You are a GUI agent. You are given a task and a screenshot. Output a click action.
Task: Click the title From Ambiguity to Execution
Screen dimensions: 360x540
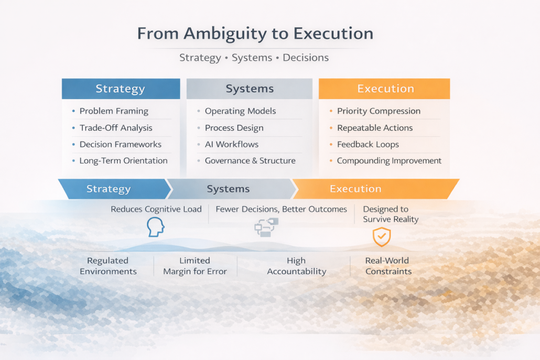point(255,34)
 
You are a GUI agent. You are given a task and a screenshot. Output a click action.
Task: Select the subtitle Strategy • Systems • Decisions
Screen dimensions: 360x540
point(254,58)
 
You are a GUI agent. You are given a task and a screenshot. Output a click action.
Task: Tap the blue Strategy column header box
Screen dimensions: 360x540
point(121,89)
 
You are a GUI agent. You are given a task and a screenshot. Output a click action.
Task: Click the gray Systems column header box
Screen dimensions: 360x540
point(250,89)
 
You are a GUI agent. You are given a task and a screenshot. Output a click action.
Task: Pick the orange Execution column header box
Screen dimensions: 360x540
point(385,89)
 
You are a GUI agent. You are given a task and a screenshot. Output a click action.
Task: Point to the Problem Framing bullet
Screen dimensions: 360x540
point(114,111)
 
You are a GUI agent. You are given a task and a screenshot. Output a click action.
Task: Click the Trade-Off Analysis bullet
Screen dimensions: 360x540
point(116,128)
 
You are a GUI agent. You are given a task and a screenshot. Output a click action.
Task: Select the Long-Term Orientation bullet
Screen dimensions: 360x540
point(123,161)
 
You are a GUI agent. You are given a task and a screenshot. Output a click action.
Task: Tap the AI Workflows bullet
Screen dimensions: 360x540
point(231,144)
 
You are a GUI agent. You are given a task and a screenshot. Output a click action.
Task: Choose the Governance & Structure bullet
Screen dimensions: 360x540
point(250,161)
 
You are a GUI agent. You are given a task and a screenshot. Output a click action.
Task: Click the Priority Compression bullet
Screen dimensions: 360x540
point(379,111)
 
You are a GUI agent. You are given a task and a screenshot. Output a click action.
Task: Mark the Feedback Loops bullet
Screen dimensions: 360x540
point(368,144)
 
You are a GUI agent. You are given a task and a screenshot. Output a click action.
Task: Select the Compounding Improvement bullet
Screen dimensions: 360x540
point(389,161)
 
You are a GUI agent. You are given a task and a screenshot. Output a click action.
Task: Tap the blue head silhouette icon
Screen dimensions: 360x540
point(156,227)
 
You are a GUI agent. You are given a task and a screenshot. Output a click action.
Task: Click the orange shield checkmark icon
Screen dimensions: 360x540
point(382,236)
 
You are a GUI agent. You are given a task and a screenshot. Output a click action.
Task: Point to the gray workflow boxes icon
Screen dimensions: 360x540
point(266,228)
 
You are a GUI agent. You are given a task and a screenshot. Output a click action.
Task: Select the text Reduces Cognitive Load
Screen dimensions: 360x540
point(156,209)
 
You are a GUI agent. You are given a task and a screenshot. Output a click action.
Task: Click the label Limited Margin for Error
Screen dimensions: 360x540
point(195,266)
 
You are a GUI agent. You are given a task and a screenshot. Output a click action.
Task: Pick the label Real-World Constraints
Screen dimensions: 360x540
point(388,266)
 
